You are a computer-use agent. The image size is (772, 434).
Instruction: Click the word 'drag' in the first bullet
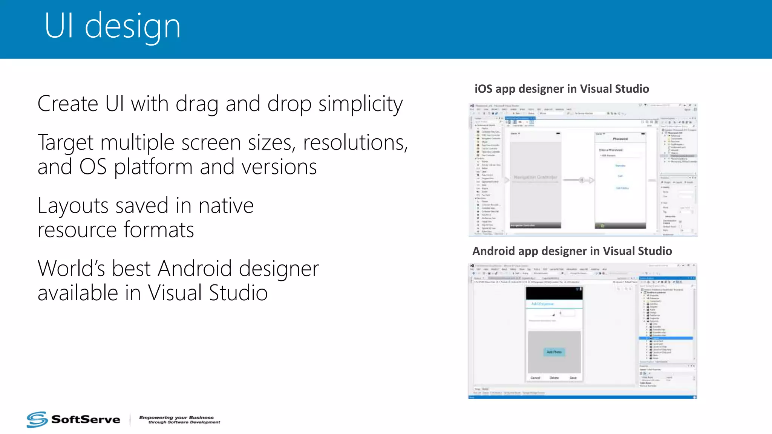197,104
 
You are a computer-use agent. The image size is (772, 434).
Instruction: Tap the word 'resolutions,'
355,143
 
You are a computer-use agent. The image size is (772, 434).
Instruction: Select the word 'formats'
159,230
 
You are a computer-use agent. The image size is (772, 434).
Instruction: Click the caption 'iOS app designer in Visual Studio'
562,89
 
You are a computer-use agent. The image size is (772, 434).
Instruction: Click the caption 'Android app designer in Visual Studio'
572,251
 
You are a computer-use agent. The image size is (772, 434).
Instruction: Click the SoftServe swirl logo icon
37,419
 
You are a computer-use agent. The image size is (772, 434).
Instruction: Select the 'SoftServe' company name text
86,420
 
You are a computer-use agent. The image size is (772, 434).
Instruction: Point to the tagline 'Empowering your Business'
176,417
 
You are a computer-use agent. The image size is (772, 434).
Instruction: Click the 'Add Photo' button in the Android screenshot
554,352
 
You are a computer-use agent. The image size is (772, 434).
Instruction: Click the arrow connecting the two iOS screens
579,180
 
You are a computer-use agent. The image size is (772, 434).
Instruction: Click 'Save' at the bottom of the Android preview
573,377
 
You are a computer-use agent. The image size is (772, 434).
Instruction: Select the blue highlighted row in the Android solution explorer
666,338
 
